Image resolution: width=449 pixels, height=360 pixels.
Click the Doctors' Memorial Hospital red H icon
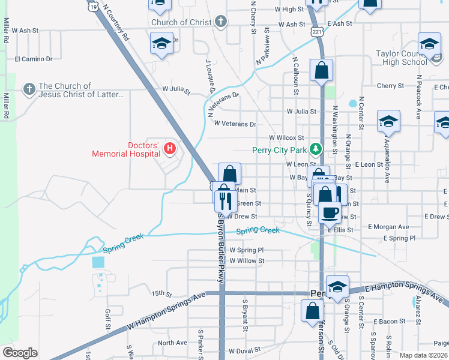tap(170, 148)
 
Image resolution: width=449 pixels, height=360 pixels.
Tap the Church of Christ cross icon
tap(221, 22)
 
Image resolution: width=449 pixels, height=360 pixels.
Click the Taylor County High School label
tap(401, 58)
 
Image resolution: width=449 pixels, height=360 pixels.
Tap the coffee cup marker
tap(329, 212)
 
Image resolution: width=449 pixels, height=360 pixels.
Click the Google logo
tap(20, 353)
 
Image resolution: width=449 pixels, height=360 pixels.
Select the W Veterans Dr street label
tap(235, 124)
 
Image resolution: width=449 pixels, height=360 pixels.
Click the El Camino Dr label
tap(34, 59)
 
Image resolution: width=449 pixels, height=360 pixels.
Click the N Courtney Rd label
tap(116, 23)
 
